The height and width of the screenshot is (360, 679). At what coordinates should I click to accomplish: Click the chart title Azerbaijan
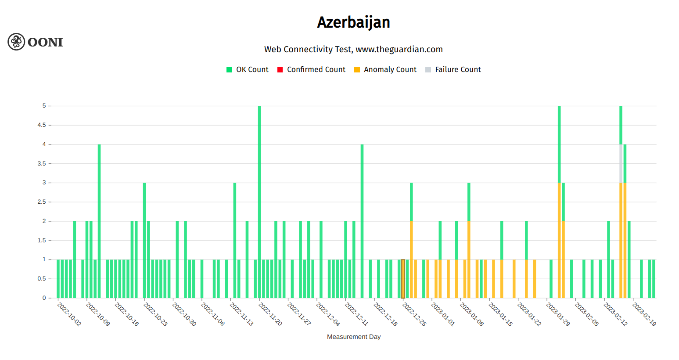tap(353, 22)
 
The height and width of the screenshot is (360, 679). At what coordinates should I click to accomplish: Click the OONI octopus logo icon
tap(16, 42)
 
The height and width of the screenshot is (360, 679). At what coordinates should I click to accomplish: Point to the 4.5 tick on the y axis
tap(42, 125)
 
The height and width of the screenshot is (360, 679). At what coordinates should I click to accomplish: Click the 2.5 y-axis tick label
tap(42, 202)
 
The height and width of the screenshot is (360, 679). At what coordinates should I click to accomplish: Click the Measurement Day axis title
tap(353, 337)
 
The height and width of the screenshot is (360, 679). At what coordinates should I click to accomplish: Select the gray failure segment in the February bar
tap(621, 163)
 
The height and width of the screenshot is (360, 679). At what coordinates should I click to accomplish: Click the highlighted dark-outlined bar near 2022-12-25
tap(403, 279)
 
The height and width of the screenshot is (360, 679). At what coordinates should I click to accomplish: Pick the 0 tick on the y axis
tap(44, 298)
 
